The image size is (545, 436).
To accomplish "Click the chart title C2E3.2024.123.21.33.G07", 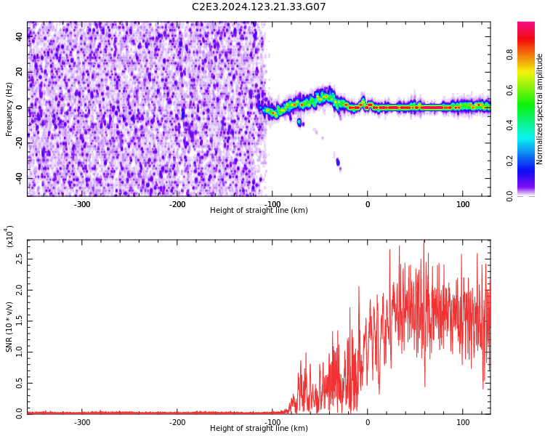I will [x=259, y=7].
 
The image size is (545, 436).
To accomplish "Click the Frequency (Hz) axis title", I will [x=9, y=108].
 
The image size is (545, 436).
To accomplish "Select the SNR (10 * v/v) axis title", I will [x=9, y=326].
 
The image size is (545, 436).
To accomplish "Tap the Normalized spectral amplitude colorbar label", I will [x=540, y=109].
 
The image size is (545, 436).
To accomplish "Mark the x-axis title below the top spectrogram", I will [x=259, y=211].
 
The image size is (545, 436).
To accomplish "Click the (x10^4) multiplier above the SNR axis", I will [x=10, y=236].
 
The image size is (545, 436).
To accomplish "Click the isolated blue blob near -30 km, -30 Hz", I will [x=338, y=162].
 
